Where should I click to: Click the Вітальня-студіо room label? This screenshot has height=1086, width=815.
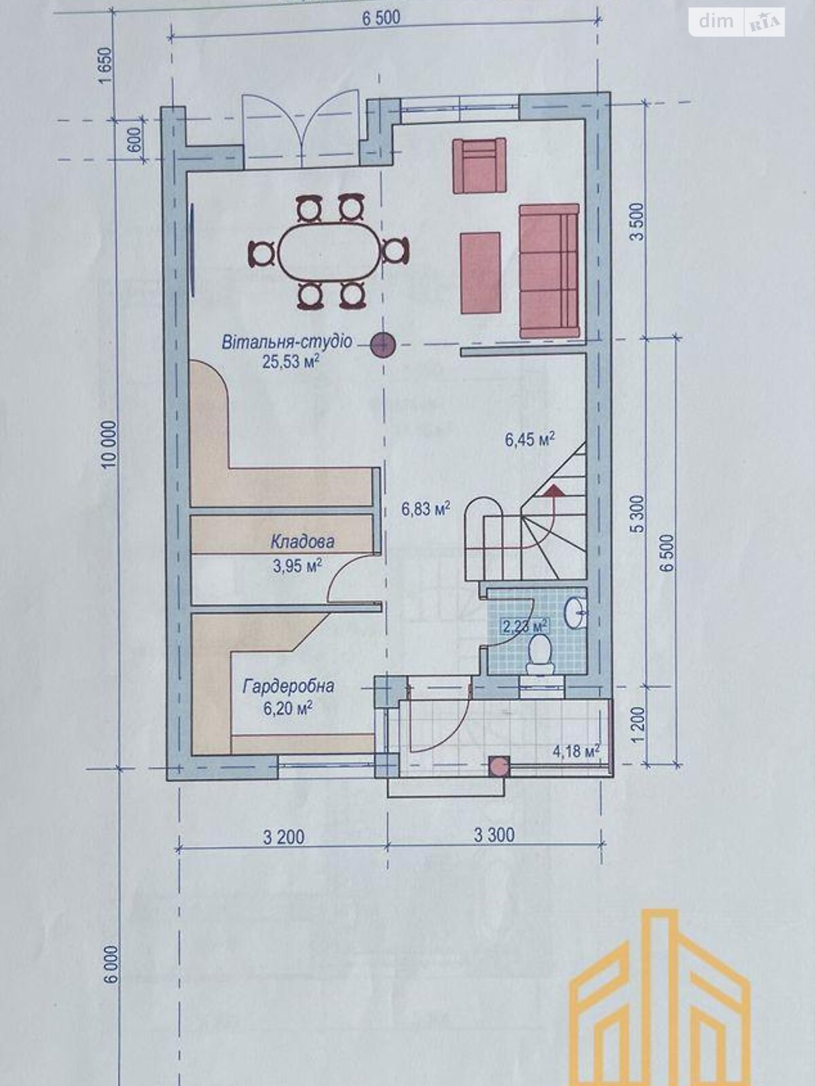point(287,341)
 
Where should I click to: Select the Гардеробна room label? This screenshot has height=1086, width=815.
point(288,686)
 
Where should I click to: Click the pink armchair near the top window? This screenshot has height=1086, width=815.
point(479,165)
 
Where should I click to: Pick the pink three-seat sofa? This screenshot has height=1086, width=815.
point(549,270)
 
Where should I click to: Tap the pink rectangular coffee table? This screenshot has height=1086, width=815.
point(481,273)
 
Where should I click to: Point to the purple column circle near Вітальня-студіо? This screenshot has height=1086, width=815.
point(383,345)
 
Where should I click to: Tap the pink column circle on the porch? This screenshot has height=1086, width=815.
point(499,766)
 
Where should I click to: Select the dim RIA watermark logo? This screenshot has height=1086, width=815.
point(737,22)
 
